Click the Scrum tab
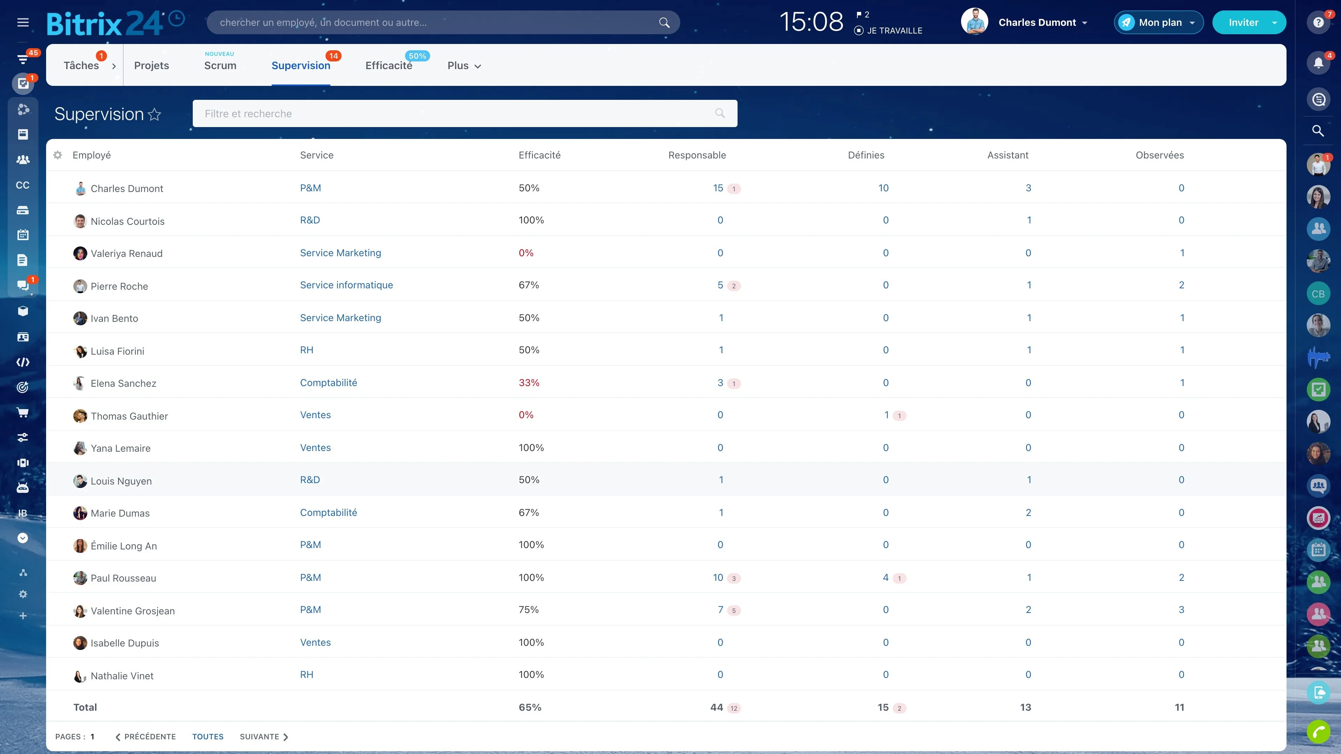[220, 66]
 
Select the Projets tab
[152, 66]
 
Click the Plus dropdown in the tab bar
[464, 66]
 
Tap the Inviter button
[1249, 22]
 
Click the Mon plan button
[1158, 22]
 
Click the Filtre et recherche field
[464, 113]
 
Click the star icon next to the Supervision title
[155, 114]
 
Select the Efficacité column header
[539, 155]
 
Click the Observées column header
[1159, 155]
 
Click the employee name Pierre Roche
[119, 286]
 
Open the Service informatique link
[346, 285]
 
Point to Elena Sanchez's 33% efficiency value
[529, 383]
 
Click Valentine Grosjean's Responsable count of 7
[720, 609]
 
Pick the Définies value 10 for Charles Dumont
[884, 188]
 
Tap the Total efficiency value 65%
[530, 707]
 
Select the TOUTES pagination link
[208, 737]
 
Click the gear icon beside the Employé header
[58, 155]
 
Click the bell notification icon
[1318, 63]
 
